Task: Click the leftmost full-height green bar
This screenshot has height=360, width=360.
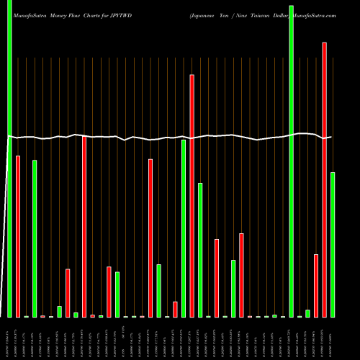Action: (x=9, y=158)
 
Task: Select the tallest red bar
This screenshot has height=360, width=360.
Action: (x=325, y=180)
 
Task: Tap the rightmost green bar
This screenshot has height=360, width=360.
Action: (x=333, y=245)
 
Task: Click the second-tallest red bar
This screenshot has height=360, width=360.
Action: (x=192, y=195)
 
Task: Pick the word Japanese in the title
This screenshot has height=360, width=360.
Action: (x=206, y=15)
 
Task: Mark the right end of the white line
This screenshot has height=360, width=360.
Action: (x=331, y=137)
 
